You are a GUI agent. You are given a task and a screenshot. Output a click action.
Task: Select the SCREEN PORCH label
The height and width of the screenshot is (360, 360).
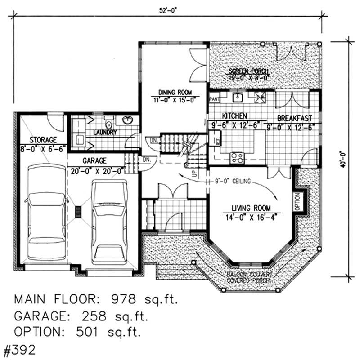pyautogui.click(x=248, y=71)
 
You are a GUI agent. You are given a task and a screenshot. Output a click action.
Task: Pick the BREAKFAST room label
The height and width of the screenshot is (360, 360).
pyautogui.click(x=294, y=118)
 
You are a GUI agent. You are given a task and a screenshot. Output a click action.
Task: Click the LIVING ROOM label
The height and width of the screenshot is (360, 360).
pyautogui.click(x=251, y=208)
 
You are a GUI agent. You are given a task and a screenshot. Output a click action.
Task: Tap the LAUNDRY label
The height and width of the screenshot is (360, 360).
pyautogui.click(x=106, y=133)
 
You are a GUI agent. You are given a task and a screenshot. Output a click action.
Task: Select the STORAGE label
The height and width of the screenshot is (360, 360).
pyautogui.click(x=43, y=139)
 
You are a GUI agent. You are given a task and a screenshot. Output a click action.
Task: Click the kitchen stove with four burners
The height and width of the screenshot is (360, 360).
pyautogui.click(x=237, y=157)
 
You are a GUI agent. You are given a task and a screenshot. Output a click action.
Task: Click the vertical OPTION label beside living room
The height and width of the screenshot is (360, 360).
pyautogui.click(x=297, y=202)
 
